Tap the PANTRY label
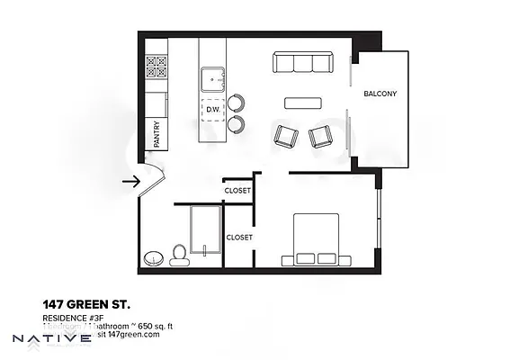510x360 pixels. (157, 134)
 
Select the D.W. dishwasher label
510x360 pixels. (213, 110)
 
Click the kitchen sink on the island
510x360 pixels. (214, 79)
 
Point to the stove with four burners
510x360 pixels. (157, 67)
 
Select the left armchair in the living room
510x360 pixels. (286, 136)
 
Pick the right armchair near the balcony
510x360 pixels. (320, 136)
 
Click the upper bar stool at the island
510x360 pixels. (236, 103)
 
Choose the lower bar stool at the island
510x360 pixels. (236, 122)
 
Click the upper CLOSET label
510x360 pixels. (238, 190)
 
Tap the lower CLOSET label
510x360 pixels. (238, 238)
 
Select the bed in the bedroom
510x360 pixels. (310, 238)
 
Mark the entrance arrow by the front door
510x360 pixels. (131, 181)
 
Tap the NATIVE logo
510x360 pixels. (51, 339)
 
